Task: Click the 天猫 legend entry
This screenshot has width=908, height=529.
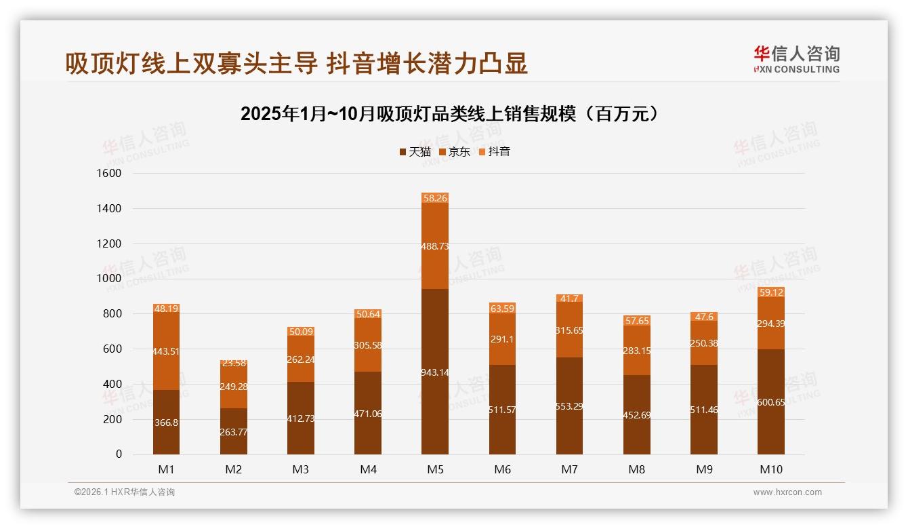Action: (415, 152)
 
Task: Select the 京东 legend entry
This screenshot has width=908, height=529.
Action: (455, 152)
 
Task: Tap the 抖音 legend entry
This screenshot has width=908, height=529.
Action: (495, 152)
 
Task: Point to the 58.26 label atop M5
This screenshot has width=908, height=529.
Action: (434, 198)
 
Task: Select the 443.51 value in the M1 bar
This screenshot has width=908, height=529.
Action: (166, 351)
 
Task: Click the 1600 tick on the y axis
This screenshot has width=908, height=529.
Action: (109, 174)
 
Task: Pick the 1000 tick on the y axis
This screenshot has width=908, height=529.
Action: (109, 279)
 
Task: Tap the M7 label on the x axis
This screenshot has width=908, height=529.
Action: (569, 469)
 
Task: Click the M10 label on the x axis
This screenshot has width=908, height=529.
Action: (770, 469)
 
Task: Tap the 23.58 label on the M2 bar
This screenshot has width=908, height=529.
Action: (233, 363)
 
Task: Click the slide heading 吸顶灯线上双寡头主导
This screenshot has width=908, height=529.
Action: (192, 63)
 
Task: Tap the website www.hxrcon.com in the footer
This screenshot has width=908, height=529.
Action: (787, 492)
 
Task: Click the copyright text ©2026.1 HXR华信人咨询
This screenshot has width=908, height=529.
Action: (124, 492)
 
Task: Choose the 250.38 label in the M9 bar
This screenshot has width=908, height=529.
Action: (704, 343)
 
